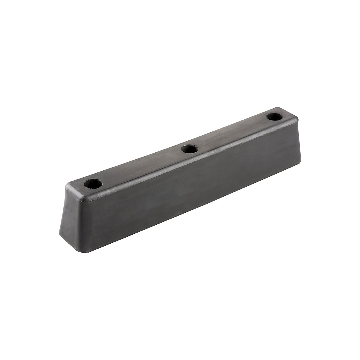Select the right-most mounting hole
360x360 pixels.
273,116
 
